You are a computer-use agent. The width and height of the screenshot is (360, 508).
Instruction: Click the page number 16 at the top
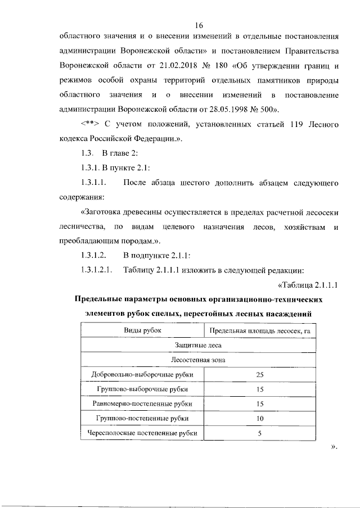click(x=199, y=25)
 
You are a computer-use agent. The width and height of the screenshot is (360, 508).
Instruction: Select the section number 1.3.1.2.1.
click(x=97, y=270)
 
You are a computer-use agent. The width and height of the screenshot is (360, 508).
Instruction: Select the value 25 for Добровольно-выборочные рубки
click(x=259, y=374)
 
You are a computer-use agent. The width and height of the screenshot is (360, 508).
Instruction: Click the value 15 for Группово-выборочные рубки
click(x=259, y=389)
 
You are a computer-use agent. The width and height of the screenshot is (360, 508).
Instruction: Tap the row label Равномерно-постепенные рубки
click(x=143, y=403)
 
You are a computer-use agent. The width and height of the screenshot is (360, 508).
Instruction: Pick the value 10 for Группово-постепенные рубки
click(x=259, y=418)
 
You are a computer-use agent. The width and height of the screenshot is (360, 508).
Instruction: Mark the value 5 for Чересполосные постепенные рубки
click(x=259, y=433)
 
